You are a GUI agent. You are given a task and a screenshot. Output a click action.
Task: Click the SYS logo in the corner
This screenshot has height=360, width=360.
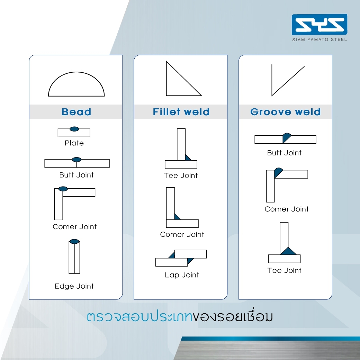[x=319, y=24]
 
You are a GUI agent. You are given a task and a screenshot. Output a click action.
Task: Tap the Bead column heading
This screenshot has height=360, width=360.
[x=76, y=112]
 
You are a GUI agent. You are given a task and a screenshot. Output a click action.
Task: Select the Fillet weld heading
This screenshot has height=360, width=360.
[x=181, y=112]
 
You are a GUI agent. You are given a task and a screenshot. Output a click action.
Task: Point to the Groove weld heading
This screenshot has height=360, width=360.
[x=285, y=112]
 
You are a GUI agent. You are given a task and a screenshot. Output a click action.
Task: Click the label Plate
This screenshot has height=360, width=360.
[x=74, y=143]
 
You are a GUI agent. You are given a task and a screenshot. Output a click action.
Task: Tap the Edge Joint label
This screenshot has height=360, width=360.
[x=74, y=286]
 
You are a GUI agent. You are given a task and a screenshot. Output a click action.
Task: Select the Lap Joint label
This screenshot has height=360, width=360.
[x=182, y=275]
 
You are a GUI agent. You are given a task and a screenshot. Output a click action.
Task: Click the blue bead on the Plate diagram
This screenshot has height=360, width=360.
[x=74, y=129]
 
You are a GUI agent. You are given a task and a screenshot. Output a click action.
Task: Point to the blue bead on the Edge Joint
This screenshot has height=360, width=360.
[x=74, y=242]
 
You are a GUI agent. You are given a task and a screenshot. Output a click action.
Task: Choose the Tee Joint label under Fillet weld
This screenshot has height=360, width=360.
[x=181, y=175]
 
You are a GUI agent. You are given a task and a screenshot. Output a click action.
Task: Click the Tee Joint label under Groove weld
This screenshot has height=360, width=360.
[x=284, y=270]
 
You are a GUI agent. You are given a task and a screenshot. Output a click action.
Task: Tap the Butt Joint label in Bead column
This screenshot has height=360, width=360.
[x=76, y=175]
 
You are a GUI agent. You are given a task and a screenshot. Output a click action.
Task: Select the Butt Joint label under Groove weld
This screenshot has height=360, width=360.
[x=284, y=153]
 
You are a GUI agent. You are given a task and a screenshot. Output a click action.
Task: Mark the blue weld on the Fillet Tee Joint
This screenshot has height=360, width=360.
[x=187, y=158]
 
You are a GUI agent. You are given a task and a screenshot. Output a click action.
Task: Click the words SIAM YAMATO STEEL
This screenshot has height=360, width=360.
[x=319, y=39]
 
